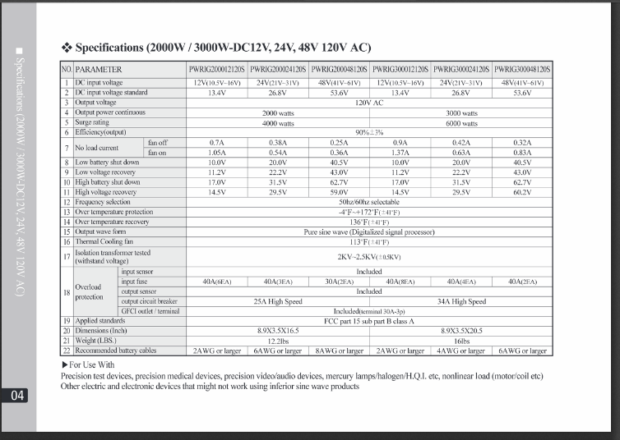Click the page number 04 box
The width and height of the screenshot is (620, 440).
tap(17, 396)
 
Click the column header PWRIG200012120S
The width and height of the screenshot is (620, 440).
tap(217, 71)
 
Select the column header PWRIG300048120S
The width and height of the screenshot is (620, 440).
tap(522, 71)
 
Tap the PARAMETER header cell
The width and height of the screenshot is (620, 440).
tap(99, 71)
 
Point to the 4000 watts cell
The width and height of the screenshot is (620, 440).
tap(278, 122)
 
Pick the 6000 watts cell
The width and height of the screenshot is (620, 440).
tap(461, 122)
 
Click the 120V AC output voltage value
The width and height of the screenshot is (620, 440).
tap(369, 103)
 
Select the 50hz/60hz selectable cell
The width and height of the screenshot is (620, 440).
tap(369, 202)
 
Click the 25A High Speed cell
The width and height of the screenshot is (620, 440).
tap(278, 301)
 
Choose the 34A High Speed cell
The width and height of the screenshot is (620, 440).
tap(461, 301)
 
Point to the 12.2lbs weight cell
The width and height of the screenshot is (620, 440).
tap(278, 341)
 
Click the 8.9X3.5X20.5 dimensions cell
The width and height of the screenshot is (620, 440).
tap(461, 331)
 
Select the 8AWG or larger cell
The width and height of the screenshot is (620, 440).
tap(339, 351)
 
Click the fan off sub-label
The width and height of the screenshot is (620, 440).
tap(157, 142)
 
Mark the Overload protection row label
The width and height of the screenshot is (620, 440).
tap(88, 291)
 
